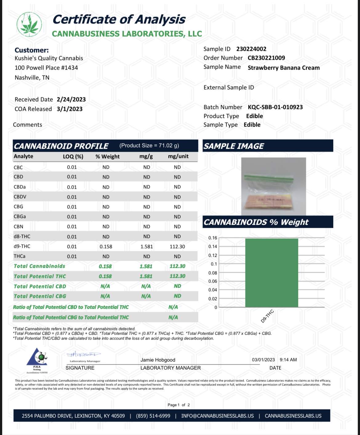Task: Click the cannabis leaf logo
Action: tap(29, 24)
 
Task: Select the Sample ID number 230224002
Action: tap(251, 49)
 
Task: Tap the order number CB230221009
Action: tap(266, 58)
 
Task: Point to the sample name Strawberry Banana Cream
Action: tap(283, 68)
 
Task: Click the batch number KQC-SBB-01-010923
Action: tap(275, 107)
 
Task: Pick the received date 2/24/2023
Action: tap(71, 99)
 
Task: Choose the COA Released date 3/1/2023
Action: tap(70, 109)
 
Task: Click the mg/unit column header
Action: tap(178, 156)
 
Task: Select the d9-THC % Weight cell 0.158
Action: tap(106, 247)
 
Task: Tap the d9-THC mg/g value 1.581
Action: tap(146, 247)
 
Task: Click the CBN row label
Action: tap(18, 227)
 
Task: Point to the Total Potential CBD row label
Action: tap(40, 286)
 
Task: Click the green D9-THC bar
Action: tap(271, 272)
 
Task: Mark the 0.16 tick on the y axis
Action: tap(213, 238)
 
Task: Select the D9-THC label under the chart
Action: tap(267, 316)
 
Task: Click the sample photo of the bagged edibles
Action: tap(273, 186)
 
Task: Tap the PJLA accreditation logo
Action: tap(37, 360)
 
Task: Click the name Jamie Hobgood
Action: tap(158, 360)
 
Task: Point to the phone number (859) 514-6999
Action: tap(153, 416)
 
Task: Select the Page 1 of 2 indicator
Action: tap(178, 405)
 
